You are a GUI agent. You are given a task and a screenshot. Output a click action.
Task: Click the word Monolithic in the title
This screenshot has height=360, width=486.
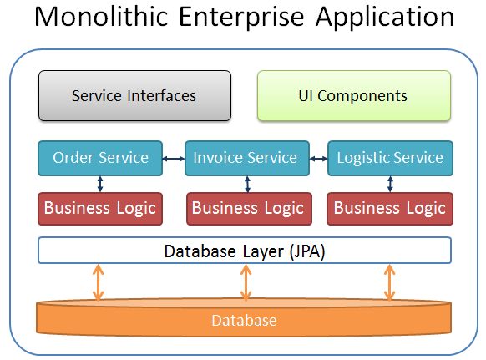(x=101, y=17)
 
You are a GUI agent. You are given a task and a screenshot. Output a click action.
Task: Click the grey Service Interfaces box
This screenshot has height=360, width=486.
(x=134, y=95)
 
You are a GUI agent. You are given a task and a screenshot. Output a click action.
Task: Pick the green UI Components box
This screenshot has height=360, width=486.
(x=354, y=95)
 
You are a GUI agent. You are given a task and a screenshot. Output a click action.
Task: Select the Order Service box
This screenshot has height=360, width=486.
(x=100, y=158)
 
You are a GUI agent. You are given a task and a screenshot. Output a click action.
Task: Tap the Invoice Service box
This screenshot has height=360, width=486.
(x=247, y=158)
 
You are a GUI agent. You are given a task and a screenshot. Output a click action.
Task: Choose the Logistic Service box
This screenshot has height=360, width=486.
(x=390, y=158)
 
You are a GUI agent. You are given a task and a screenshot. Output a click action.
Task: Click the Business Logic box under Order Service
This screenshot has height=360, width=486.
(x=100, y=209)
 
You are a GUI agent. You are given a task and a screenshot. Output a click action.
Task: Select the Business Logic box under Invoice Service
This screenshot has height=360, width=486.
(x=249, y=209)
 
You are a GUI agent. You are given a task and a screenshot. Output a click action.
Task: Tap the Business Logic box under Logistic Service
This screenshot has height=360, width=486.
(x=390, y=209)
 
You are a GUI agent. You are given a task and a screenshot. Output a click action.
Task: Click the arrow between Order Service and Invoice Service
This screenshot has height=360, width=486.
(x=174, y=159)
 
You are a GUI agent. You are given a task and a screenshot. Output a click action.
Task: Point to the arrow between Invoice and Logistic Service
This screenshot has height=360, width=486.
(x=319, y=159)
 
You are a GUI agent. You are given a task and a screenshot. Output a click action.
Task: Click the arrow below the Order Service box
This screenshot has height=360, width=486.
(x=100, y=185)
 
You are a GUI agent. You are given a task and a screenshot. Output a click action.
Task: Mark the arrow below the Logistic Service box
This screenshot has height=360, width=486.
(x=390, y=185)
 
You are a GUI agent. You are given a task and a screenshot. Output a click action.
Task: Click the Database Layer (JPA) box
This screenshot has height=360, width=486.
(x=245, y=251)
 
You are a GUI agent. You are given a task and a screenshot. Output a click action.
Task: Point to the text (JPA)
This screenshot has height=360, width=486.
(x=307, y=251)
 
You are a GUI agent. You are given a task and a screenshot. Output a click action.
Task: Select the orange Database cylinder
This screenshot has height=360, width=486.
(x=244, y=317)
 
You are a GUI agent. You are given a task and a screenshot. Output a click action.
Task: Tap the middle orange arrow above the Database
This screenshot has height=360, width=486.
(x=246, y=282)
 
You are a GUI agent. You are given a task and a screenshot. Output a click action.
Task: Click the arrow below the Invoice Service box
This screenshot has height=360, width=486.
(x=247, y=185)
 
